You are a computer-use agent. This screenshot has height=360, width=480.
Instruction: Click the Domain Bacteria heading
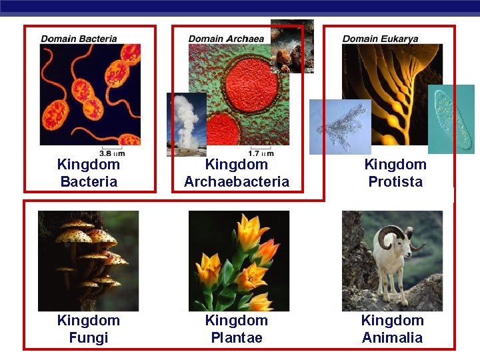tap(79, 39)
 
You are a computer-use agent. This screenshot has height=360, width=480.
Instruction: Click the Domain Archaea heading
tap(226, 39)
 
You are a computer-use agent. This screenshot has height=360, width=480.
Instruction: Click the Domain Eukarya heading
tap(380, 39)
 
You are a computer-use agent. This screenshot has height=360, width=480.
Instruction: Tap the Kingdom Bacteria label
tap(89, 173)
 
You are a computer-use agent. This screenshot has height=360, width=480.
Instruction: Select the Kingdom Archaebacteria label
tap(237, 173)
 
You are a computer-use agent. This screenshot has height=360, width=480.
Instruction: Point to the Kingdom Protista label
tap(395, 173)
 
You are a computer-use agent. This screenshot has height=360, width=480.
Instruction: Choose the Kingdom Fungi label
tap(89, 329)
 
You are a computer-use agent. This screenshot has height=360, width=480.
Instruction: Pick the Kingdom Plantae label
tap(237, 329)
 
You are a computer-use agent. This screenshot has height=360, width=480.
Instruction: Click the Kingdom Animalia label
tap(392, 329)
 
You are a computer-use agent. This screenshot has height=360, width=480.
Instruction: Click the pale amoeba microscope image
tap(339, 127)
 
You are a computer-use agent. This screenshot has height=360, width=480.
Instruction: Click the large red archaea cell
tap(250, 85)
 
